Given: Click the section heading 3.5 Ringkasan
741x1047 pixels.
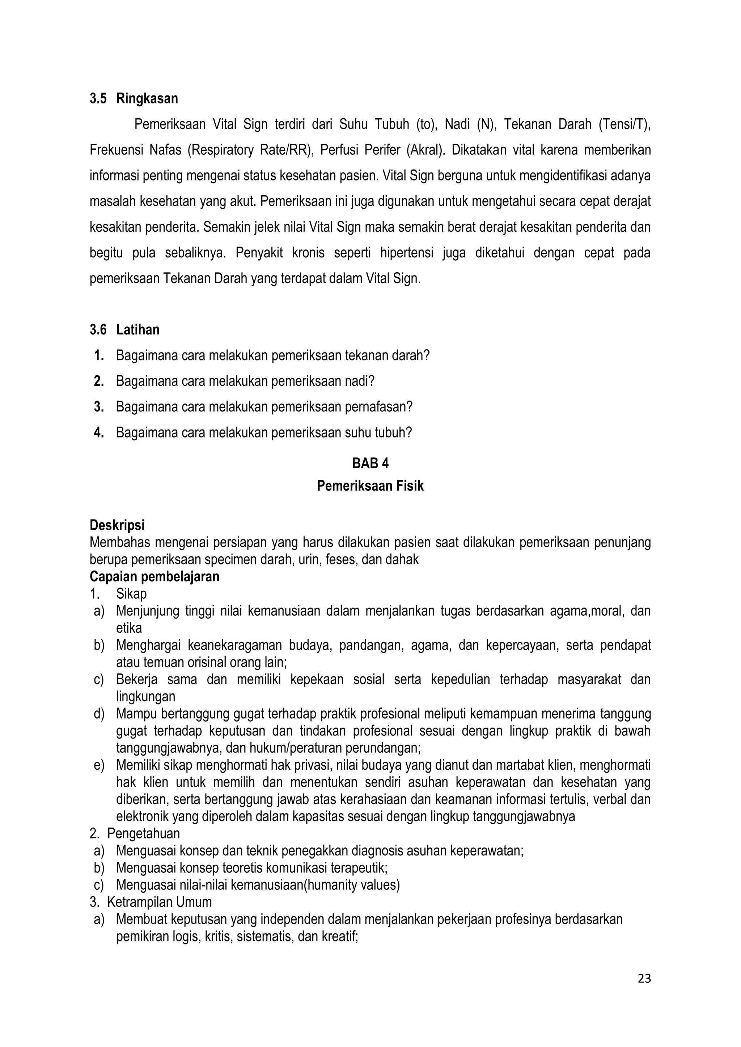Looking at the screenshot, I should (x=134, y=98).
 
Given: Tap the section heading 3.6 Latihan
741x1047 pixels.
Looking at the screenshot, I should (x=124, y=330).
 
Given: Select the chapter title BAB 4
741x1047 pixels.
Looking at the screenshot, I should (x=370, y=463).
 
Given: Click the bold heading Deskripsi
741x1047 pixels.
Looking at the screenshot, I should (x=117, y=525).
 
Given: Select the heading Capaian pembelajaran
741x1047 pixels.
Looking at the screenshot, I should (x=154, y=577).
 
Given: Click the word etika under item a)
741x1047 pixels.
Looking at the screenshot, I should (x=129, y=628).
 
